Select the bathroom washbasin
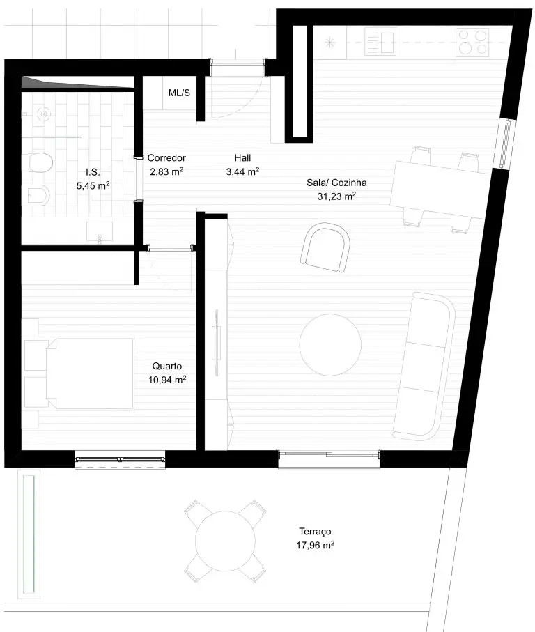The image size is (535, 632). coord(100,232)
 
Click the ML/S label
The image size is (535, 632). coord(179,93)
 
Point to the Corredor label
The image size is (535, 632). coord(166,157)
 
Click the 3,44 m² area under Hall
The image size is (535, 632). coord(242,171)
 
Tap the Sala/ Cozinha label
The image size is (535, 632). coord(336,183)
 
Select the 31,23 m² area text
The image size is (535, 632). coord(336,196)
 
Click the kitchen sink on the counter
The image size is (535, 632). coord(380,41)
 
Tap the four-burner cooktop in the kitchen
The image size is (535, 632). coord(472,42)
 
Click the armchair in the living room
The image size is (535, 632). coord(325,247)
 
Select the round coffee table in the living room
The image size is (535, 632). coord(330,345)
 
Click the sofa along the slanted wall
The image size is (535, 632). coord(424,366)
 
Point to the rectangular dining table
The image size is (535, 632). coord(441,190)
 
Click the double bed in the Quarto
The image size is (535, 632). coord(89,373)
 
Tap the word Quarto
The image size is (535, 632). coord(166,366)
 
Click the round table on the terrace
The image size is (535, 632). coord(225,541)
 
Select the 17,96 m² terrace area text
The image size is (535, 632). coord(315,545)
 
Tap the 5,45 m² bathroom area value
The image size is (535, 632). coord(93,185)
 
